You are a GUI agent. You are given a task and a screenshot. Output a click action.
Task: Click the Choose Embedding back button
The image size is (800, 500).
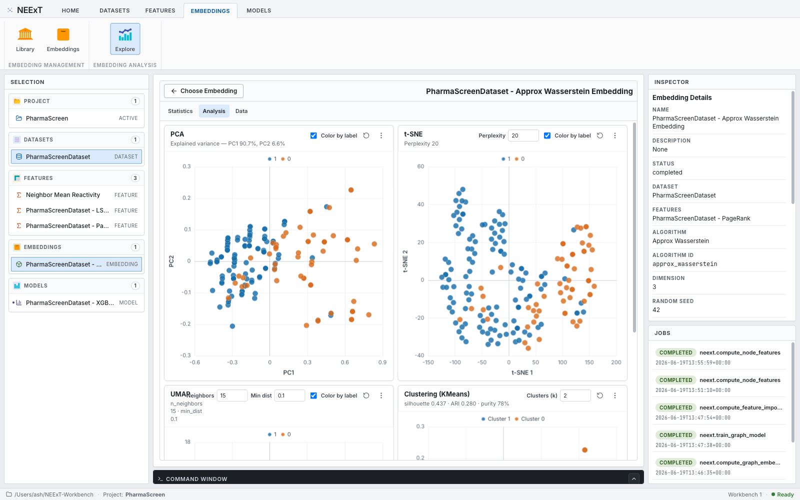click(x=203, y=91)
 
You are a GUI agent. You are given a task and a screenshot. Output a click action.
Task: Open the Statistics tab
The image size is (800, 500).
click(x=180, y=111)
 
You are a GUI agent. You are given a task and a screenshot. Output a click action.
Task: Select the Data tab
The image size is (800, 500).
click(x=241, y=111)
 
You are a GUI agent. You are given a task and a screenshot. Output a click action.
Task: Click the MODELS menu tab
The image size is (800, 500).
click(x=258, y=10)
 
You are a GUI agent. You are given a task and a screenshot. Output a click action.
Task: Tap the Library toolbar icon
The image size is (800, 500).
click(x=25, y=34)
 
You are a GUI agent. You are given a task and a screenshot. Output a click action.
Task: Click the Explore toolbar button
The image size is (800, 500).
click(x=125, y=39)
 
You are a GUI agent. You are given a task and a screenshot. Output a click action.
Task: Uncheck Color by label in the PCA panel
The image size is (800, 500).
click(x=313, y=135)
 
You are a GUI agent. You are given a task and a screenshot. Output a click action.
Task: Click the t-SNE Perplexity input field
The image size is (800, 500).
click(x=523, y=135)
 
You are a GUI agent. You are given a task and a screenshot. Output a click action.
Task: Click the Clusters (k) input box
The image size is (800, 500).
click(x=575, y=395)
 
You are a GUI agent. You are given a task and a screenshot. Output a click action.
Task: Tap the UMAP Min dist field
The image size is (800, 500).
click(x=289, y=395)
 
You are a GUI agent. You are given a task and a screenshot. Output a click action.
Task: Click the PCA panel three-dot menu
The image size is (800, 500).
click(x=381, y=135)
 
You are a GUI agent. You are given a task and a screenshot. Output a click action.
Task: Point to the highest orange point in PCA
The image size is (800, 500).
click(x=351, y=190)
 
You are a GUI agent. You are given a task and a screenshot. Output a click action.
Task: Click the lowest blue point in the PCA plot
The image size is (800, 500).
click(x=232, y=326)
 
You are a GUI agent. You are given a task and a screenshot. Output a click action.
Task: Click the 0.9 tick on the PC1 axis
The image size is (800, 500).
click(x=382, y=362)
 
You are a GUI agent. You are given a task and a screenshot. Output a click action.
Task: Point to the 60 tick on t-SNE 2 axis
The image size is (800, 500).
click(x=420, y=166)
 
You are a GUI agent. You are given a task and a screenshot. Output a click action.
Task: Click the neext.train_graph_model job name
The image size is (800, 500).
click(x=732, y=435)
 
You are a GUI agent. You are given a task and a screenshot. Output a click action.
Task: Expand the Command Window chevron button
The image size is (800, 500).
click(x=634, y=479)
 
